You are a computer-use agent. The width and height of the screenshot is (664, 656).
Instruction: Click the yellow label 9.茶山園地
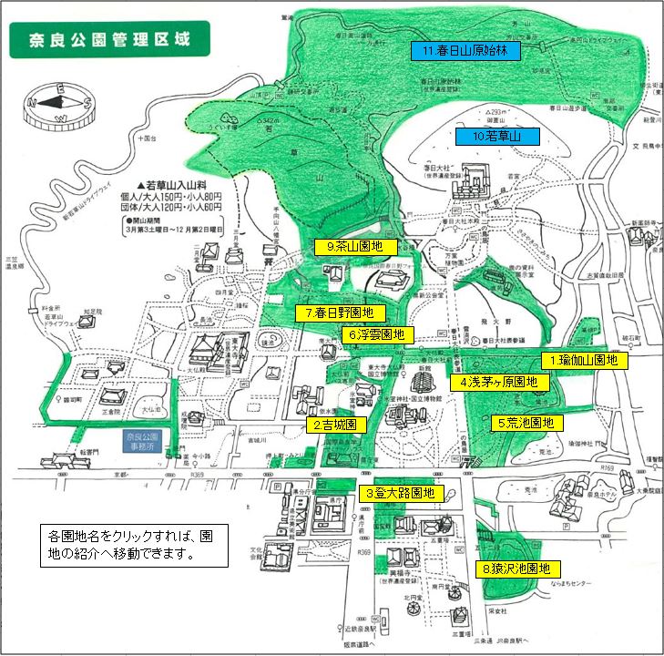(355, 247)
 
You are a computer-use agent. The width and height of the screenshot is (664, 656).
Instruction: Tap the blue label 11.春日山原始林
(465, 51)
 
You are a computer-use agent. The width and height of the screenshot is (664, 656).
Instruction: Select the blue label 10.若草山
(496, 138)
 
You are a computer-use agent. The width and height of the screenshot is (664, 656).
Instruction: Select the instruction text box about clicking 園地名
(135, 544)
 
